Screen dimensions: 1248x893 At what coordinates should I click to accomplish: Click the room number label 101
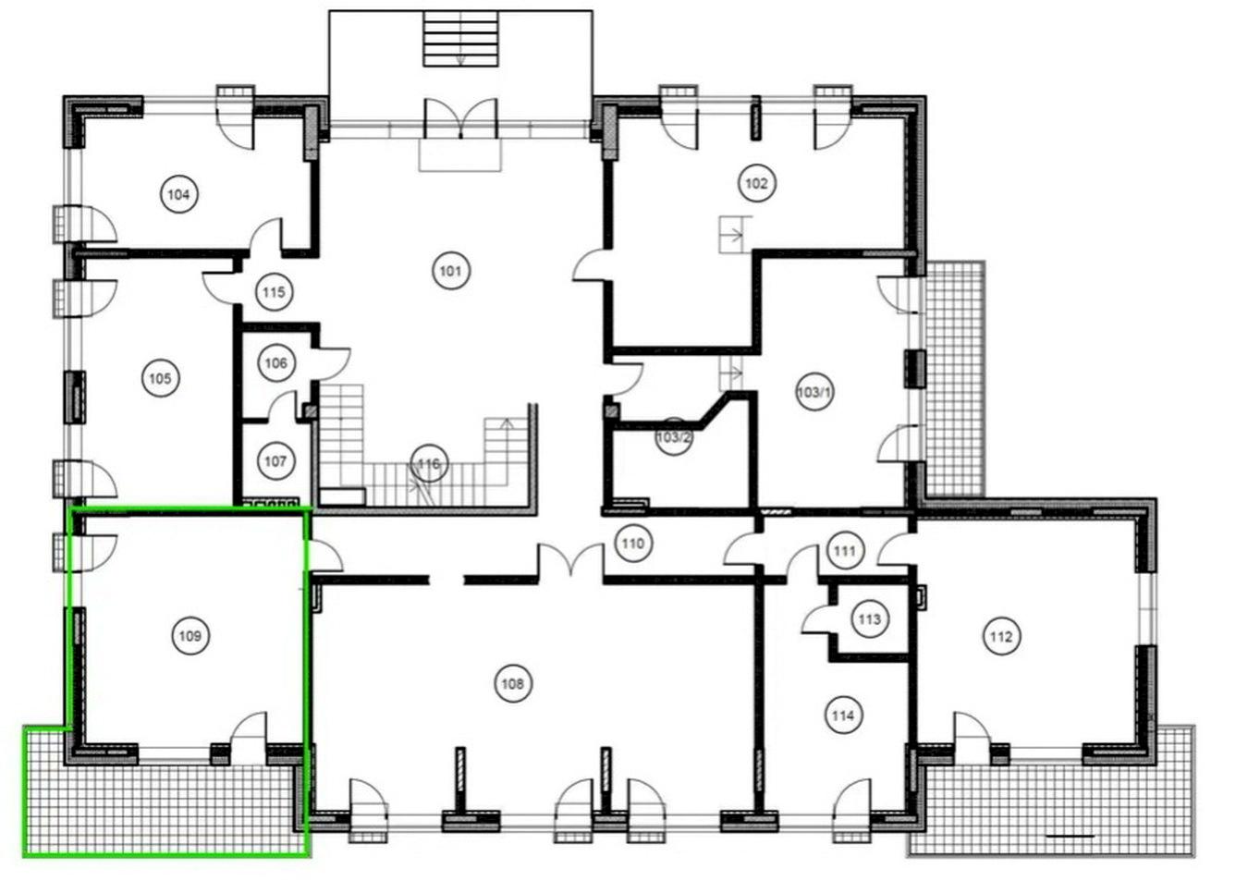coord(451,271)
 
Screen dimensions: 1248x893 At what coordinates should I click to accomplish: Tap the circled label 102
coord(756,183)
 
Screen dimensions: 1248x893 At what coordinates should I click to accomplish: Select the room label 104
coord(178,194)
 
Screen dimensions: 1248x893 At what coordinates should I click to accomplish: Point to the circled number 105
coord(161,379)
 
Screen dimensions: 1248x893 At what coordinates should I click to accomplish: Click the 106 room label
coord(276,363)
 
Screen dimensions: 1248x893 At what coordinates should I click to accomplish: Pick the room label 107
coord(275,461)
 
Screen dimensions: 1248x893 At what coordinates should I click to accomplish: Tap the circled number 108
coord(512,683)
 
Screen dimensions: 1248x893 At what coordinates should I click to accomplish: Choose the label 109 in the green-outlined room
coord(190,636)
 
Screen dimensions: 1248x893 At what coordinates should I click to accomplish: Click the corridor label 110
coord(633,544)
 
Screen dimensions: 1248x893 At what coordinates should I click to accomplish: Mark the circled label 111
coord(845,551)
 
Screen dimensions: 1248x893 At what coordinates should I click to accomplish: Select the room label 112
coord(1001,636)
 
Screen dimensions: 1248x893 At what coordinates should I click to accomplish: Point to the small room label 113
coord(870,619)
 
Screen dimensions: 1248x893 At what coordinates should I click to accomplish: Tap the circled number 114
coord(842,715)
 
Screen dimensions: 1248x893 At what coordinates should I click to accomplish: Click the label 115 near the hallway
coord(275,292)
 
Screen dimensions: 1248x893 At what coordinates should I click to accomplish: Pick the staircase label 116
coord(429,463)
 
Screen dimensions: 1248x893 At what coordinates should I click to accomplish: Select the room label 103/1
coord(814,392)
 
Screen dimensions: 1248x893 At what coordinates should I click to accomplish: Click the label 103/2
coord(674,436)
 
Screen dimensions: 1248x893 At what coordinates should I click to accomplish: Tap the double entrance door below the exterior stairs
coord(460,118)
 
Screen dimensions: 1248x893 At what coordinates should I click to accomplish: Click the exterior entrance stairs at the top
coord(460,39)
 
